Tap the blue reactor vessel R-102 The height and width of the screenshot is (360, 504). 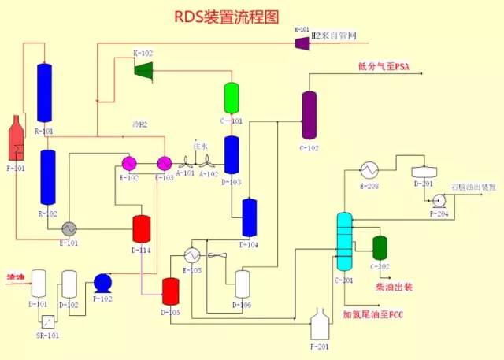point(48,177)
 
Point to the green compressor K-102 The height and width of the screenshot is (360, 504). point(143,70)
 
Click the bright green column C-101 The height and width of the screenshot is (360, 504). point(232,98)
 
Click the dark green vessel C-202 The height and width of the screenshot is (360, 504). point(380,247)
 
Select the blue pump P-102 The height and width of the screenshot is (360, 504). point(102,283)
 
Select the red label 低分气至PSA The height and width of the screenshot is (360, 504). point(385,67)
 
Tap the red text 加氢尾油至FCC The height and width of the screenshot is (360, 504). point(377,315)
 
